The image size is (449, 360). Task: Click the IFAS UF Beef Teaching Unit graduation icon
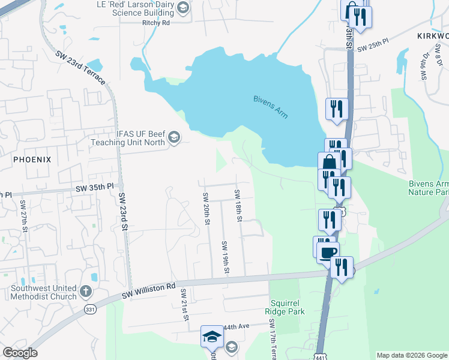(x=174, y=137)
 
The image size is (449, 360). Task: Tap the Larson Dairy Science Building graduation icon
(x=183, y=8)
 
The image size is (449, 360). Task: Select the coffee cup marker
(x=328, y=252)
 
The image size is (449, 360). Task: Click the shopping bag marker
(x=329, y=163)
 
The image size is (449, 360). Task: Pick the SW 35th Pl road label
(x=94, y=188)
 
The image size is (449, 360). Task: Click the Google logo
(x=20, y=353)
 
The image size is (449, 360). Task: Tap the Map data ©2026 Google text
(x=411, y=355)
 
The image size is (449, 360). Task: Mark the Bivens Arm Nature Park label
(x=429, y=187)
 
